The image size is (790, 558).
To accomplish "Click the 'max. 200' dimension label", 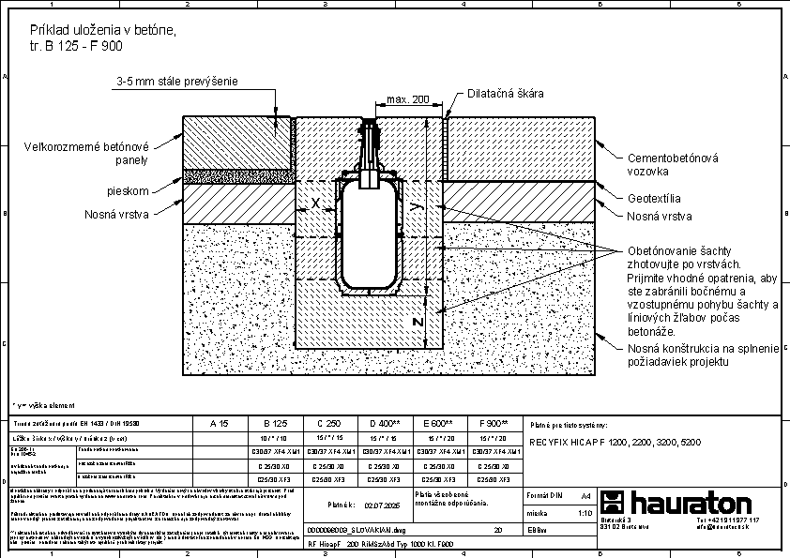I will tap(406, 99).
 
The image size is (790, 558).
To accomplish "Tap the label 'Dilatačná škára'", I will tap(506, 94).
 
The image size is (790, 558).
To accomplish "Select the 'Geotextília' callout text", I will tap(654, 199).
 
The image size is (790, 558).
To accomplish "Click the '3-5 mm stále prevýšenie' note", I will tap(176, 82).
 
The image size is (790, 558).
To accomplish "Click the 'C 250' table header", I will tap(330, 424).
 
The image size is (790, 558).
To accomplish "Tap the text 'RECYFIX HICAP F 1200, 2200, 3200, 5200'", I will tap(614, 441).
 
